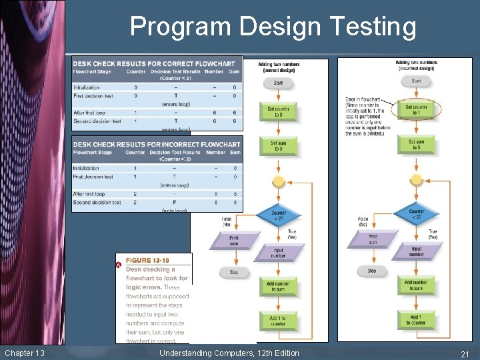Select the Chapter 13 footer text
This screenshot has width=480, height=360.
pyautogui.click(x=24, y=353)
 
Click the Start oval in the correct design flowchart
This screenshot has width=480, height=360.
pyautogui.click(x=278, y=83)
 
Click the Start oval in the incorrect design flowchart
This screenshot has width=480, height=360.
pyautogui.click(x=416, y=81)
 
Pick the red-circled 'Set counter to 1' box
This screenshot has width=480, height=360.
pyautogui.click(x=416, y=109)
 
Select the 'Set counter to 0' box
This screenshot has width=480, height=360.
pyautogui.click(x=278, y=112)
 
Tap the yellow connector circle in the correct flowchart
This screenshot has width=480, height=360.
pyautogui.click(x=279, y=181)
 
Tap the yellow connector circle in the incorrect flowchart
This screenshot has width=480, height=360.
pyautogui.click(x=416, y=179)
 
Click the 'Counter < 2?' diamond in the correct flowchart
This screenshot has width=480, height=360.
pyautogui.click(x=279, y=215)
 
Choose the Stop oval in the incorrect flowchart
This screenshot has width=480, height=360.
pyautogui.click(x=371, y=271)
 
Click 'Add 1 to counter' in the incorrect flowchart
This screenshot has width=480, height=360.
pyautogui.click(x=416, y=319)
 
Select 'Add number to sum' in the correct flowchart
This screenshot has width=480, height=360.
pyautogui.click(x=278, y=286)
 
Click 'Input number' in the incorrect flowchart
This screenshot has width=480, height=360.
pyautogui.click(x=416, y=251)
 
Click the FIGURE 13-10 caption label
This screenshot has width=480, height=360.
pyautogui.click(x=147, y=261)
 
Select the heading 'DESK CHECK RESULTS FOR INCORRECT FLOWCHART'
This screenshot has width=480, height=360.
pyautogui.click(x=157, y=144)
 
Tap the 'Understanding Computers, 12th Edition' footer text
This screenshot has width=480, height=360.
pyautogui.click(x=229, y=353)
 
